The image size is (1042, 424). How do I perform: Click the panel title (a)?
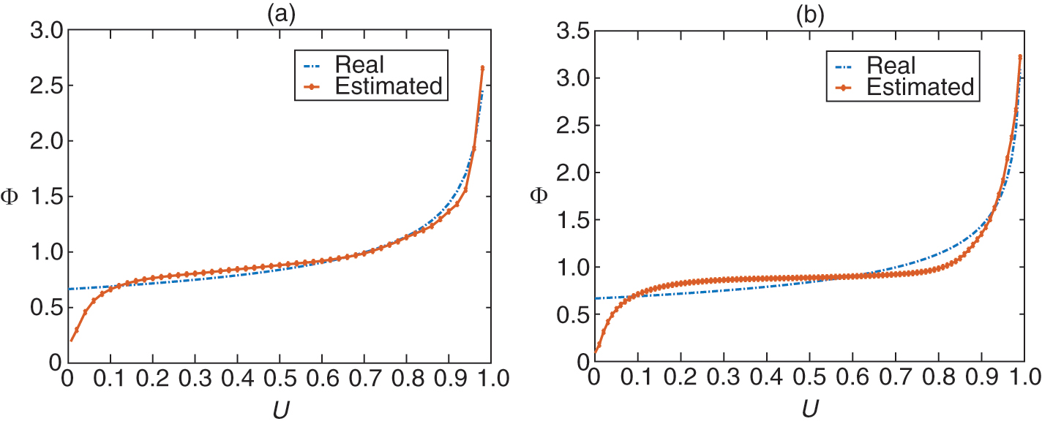(x=281, y=14)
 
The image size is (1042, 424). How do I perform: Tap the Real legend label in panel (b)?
(x=891, y=64)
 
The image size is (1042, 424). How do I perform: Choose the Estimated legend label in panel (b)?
(x=919, y=87)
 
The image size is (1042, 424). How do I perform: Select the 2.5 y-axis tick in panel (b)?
(x=570, y=125)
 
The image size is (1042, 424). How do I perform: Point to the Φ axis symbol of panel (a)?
(x=11, y=197)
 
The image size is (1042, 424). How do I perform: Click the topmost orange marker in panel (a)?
(x=482, y=68)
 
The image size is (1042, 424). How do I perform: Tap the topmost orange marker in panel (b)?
(x=1020, y=56)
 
